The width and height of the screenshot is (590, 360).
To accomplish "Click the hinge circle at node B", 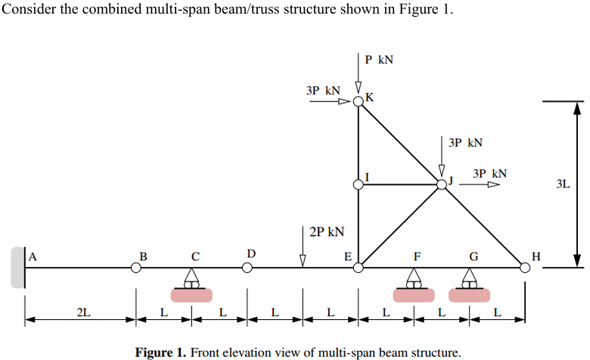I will click(136, 267).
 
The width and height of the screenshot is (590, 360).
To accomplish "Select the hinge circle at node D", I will click(247, 267).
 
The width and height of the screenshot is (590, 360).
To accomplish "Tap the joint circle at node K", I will click(359, 101).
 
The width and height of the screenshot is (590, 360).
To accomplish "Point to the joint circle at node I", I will click(359, 184).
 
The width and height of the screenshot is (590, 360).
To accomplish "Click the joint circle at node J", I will click(442, 184).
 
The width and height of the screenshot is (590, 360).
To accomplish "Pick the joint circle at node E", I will click(359, 267).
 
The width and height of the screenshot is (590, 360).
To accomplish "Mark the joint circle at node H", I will click(525, 267).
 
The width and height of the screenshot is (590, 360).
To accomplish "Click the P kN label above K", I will click(378, 60).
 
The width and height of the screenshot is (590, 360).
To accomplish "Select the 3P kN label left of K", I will click(323, 91).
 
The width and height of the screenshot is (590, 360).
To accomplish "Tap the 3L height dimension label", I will click(562, 184).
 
